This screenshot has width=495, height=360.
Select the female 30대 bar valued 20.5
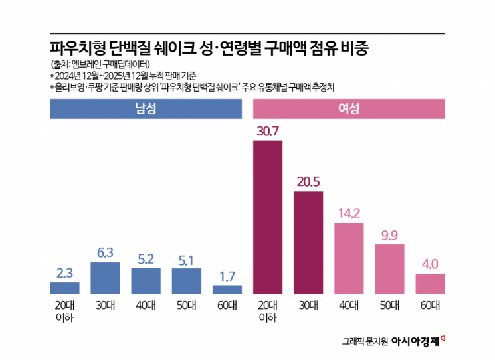(x=308, y=242)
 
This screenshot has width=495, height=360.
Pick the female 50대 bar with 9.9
(x=389, y=269)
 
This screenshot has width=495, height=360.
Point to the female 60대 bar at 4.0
(x=430, y=284)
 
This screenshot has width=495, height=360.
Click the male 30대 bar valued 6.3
(x=105, y=278)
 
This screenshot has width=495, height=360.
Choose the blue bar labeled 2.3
(x=64, y=288)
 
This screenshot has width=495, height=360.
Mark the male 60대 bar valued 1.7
(x=227, y=290)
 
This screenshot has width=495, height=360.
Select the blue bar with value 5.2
(x=146, y=280)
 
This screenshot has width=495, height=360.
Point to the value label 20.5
(x=308, y=182)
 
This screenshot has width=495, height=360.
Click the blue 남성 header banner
(x=146, y=109)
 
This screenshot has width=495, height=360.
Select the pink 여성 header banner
(x=349, y=109)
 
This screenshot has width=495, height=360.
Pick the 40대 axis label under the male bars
(x=146, y=305)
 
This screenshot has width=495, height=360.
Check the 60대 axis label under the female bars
(x=430, y=305)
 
